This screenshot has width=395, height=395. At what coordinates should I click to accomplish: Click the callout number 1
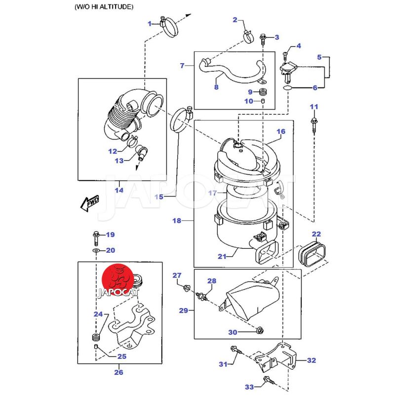150,23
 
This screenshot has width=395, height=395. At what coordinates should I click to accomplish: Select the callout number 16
281,132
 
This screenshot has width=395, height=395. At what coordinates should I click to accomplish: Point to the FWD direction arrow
89,202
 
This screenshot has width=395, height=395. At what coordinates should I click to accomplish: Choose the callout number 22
316,234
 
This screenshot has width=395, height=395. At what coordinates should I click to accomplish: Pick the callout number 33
249,387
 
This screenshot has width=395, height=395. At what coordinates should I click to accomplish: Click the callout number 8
216,87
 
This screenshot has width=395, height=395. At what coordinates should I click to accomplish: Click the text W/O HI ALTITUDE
104,7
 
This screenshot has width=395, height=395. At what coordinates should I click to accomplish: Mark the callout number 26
118,372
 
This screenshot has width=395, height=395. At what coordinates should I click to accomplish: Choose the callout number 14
118,190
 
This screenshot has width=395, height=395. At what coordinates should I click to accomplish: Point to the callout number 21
222,256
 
